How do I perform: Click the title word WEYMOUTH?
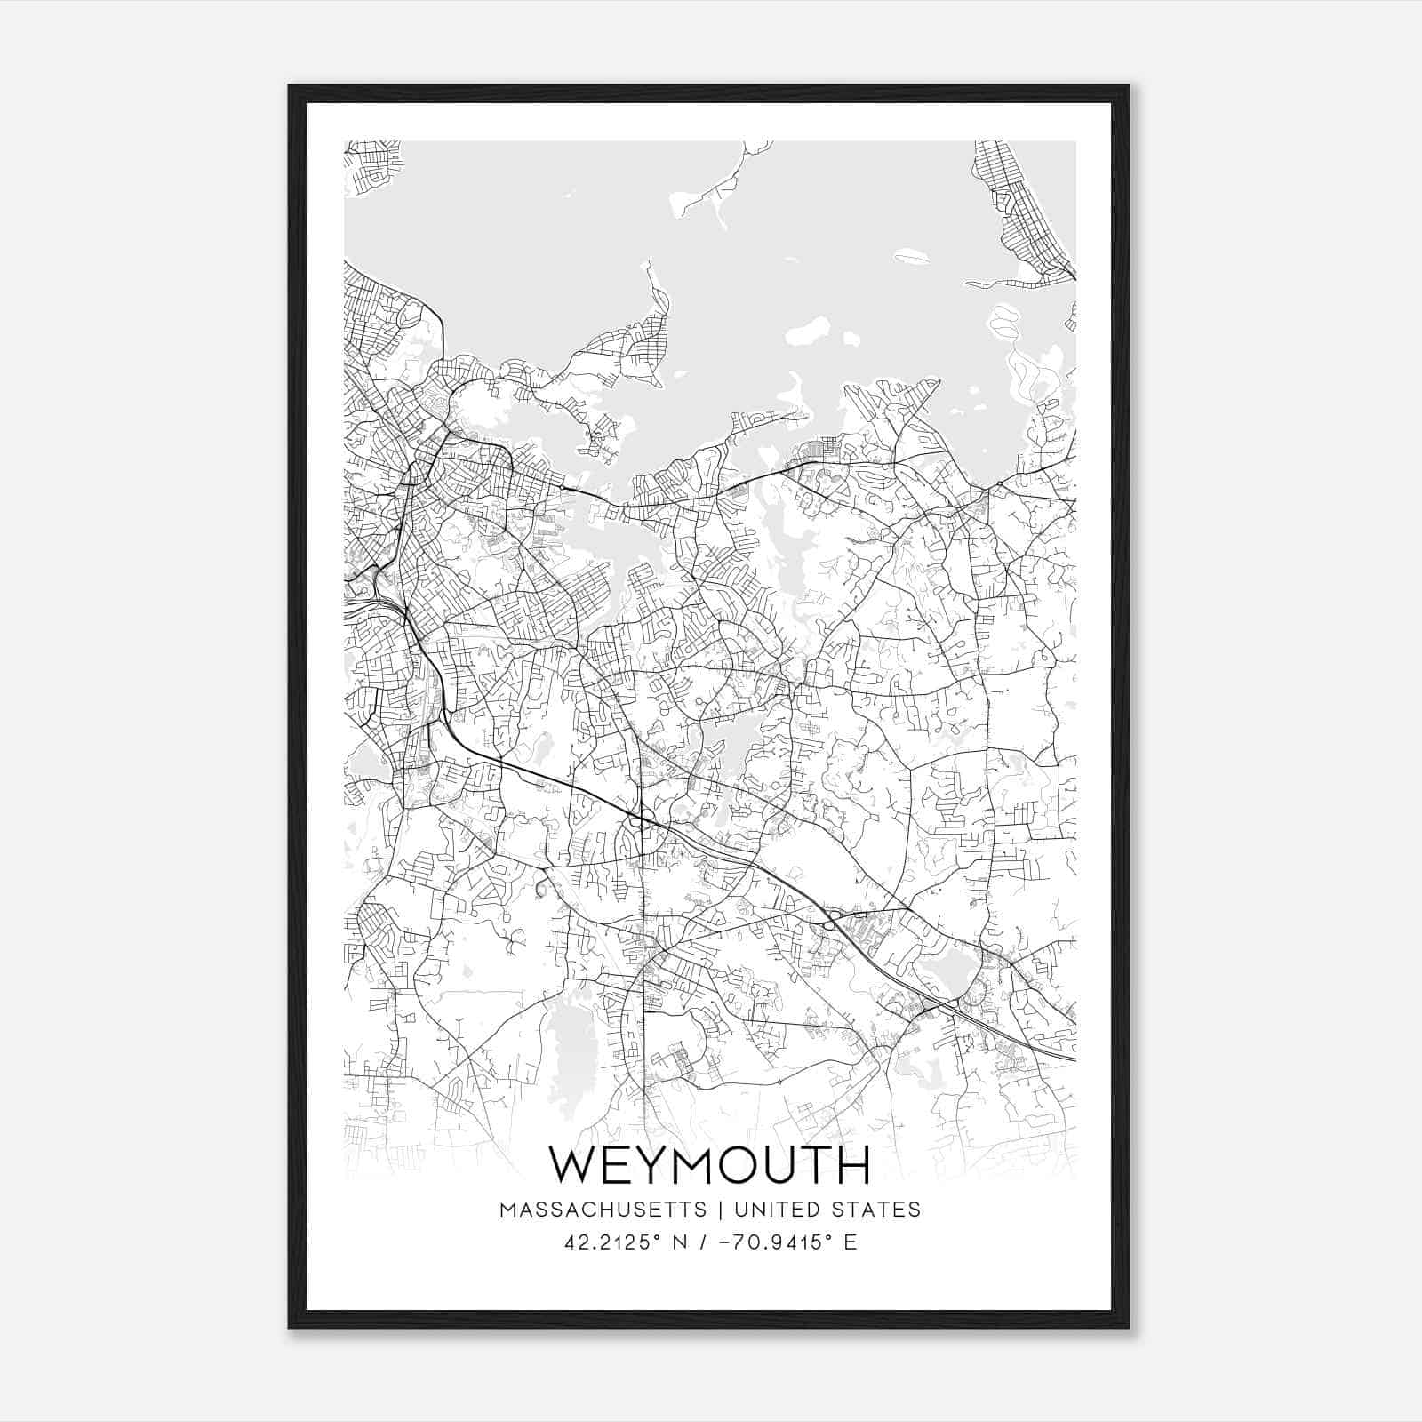click(709, 1165)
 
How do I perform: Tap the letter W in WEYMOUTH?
click(573, 1165)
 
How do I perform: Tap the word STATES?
click(877, 1210)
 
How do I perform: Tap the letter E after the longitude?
click(851, 1242)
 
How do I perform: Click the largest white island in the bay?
click(807, 332)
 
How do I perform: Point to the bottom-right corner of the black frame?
click(1129, 1327)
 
